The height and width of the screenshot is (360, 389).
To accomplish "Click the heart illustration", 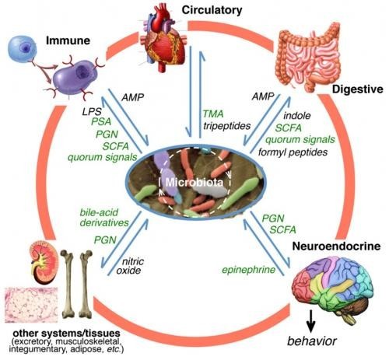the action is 163,37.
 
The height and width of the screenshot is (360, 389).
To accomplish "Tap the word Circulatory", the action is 212,10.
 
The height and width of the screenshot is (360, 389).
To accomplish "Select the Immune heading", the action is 68,40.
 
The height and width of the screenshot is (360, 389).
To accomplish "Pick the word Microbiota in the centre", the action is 194,183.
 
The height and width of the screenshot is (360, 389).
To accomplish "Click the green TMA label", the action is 213,114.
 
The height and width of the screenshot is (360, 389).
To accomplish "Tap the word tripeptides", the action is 227,126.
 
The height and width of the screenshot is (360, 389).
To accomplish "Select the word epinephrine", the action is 248,270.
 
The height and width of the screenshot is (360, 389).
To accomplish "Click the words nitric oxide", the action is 130,266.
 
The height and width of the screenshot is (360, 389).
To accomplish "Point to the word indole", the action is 297,116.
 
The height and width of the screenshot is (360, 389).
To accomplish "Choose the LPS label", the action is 92,112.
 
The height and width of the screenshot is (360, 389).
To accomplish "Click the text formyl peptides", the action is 293,152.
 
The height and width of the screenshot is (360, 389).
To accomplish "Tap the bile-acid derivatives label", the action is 104,218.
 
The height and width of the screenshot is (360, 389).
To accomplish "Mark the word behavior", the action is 312,341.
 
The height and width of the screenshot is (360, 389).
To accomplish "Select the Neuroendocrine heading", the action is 336,246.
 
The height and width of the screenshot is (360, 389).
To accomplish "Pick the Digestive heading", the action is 358,89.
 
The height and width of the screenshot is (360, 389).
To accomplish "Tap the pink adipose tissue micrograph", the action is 31,305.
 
